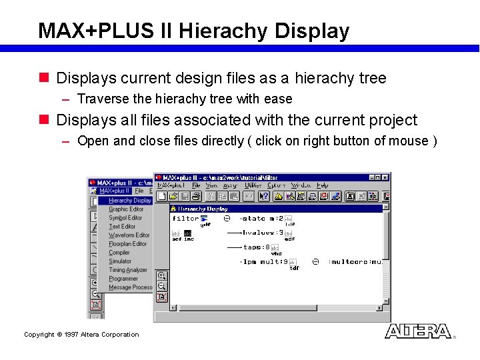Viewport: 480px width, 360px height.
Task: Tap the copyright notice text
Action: pyautogui.click(x=81, y=335)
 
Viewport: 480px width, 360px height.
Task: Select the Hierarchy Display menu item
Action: pyautogui.click(x=129, y=201)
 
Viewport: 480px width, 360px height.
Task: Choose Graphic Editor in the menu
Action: pyautogui.click(x=126, y=209)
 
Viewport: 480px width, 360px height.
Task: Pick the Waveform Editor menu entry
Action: pyautogui.click(x=129, y=235)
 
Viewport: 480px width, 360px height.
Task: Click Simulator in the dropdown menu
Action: pyautogui.click(x=120, y=261)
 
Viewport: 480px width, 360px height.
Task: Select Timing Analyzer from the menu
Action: pyautogui.click(x=127, y=270)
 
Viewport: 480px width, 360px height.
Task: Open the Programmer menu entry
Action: pyautogui.click(x=123, y=279)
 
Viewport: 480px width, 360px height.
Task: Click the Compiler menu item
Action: pyautogui.click(x=119, y=253)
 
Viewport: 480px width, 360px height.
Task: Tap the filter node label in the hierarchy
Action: pyautogui.click(x=185, y=219)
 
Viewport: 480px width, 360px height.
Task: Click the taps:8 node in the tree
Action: pyautogui.click(x=256, y=247)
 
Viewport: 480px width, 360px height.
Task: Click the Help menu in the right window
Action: pyautogui.click(x=323, y=185)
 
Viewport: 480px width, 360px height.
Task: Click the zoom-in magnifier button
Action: pyautogui.click(x=161, y=276)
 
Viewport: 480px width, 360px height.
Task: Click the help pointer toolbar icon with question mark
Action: pyautogui.click(x=264, y=196)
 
